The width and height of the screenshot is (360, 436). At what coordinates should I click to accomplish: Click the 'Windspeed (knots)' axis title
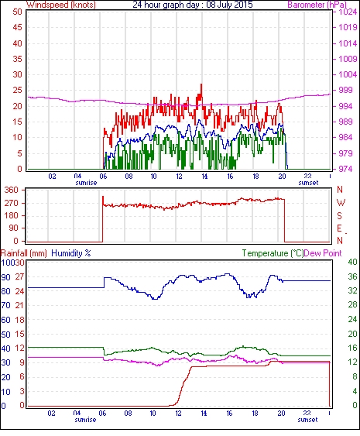(61, 5)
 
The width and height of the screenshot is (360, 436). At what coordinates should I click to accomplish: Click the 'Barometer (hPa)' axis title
(317, 5)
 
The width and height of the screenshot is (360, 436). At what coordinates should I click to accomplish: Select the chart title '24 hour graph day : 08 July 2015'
(192, 5)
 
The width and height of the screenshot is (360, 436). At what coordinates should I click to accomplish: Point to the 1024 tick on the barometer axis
(348, 12)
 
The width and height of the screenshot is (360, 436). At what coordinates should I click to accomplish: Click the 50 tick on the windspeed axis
(17, 12)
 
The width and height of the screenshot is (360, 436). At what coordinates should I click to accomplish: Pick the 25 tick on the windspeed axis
(17, 91)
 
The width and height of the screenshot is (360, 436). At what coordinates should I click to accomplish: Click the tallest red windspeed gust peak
(201, 84)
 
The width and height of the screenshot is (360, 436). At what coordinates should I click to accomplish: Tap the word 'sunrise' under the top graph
(86, 183)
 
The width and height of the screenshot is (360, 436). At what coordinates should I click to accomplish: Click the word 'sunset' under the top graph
(308, 183)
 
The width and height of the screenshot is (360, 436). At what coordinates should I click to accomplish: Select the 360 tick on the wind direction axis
(12, 191)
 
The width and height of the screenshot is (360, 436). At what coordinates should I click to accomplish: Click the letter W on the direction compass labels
(341, 203)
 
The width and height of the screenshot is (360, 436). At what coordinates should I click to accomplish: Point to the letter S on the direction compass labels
(339, 215)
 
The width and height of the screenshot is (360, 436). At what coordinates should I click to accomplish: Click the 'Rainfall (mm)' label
(24, 253)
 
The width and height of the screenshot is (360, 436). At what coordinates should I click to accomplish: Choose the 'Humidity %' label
(71, 253)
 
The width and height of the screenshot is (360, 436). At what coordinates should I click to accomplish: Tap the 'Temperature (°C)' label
(273, 253)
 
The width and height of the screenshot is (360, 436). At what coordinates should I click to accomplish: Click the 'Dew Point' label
(323, 253)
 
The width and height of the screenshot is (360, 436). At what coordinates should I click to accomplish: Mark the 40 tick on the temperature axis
(352, 262)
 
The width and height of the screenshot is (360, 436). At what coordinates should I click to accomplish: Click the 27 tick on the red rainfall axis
(19, 277)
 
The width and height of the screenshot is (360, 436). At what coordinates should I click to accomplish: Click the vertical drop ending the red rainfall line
(330, 384)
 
